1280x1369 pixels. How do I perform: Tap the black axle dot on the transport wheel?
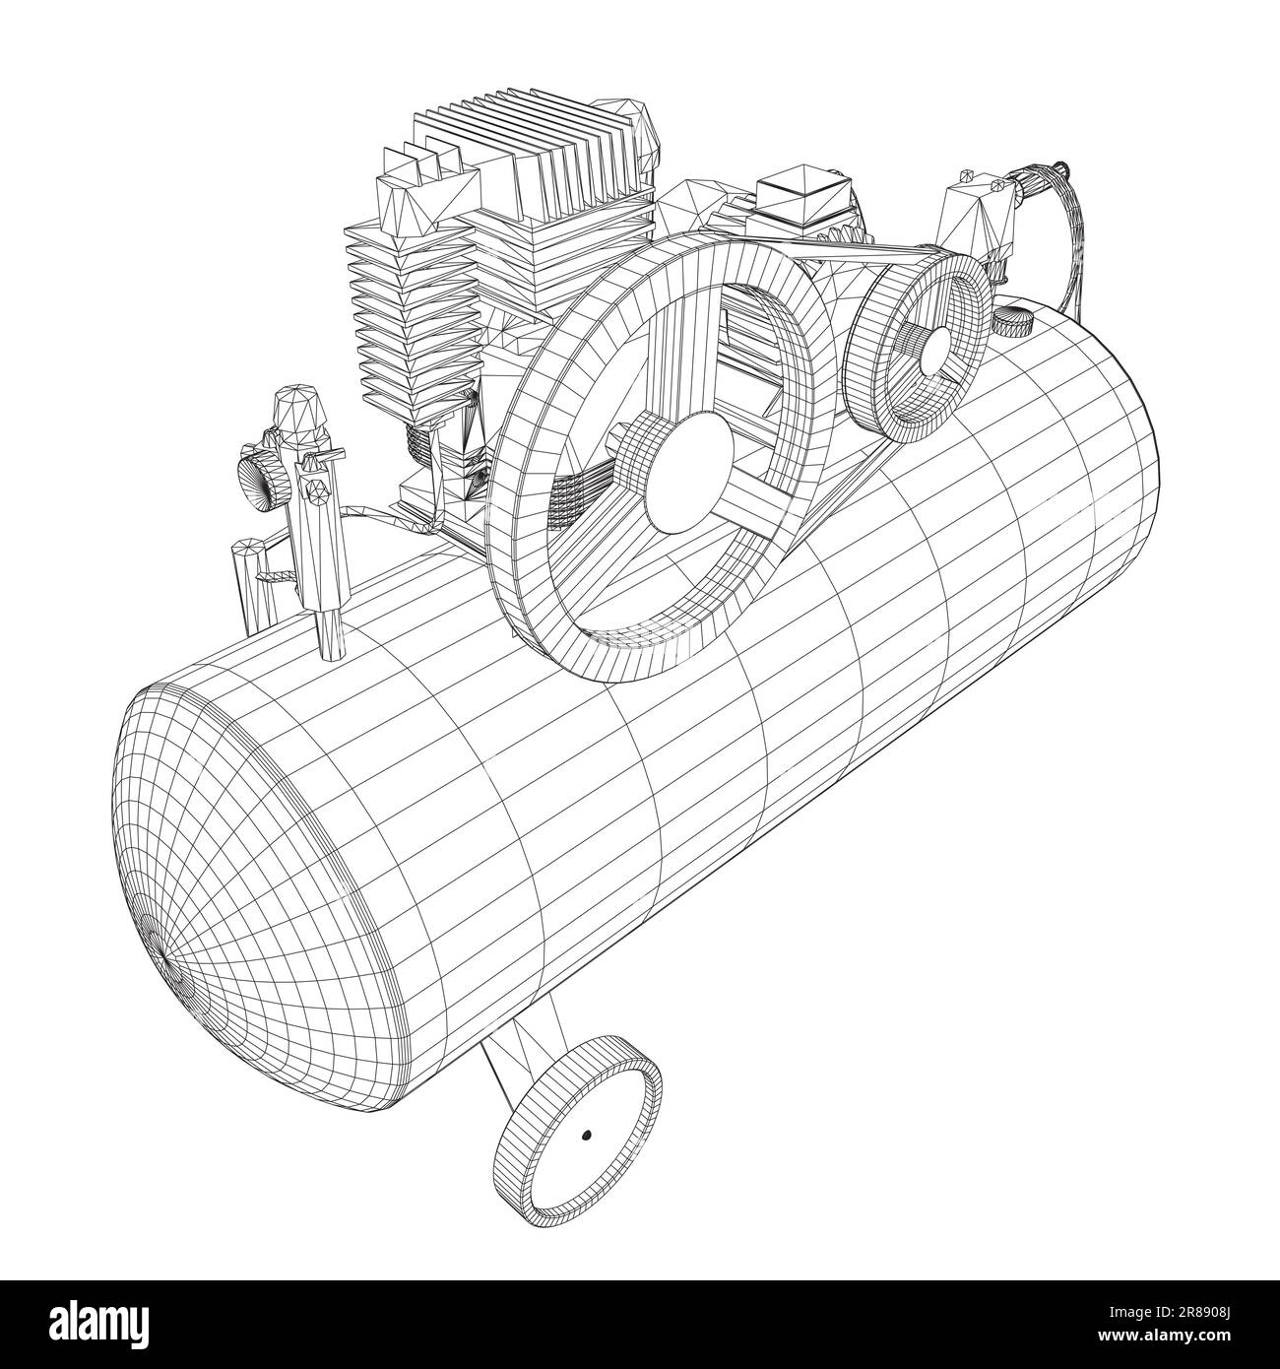(x=586, y=1136)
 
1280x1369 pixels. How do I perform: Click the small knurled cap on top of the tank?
(x=1010, y=320)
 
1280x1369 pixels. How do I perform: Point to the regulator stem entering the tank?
(x=331, y=630)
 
